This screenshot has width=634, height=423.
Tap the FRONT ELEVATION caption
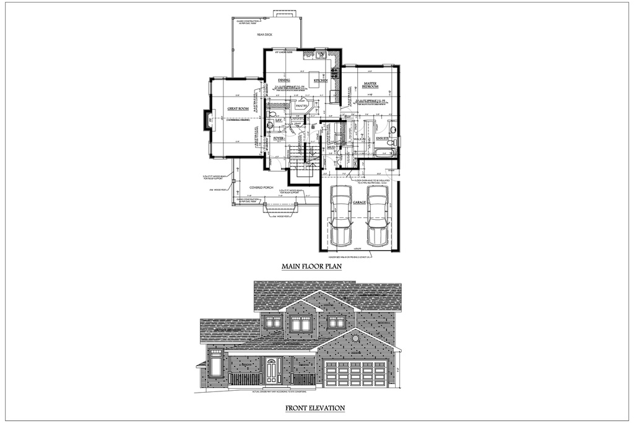click(x=315, y=408)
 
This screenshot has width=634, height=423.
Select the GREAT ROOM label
click(x=238, y=108)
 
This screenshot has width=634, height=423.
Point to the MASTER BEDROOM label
click(x=370, y=85)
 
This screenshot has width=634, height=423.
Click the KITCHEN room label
click(x=320, y=81)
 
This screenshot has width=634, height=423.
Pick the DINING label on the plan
click(x=284, y=81)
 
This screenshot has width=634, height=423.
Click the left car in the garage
click(x=341, y=216)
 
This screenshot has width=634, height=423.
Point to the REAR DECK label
click(x=265, y=35)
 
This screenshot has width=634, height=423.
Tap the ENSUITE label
click(x=382, y=138)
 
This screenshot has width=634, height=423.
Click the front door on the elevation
click(x=272, y=370)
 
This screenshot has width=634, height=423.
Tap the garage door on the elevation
click(x=356, y=373)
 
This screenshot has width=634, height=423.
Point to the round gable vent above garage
click(x=354, y=339)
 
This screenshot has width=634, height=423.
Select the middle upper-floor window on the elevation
click(x=301, y=323)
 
